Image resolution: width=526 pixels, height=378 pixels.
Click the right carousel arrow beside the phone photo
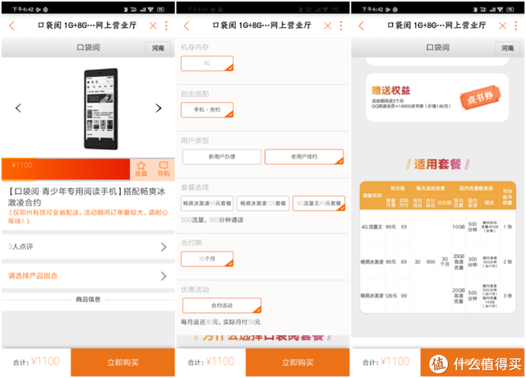click(159, 108)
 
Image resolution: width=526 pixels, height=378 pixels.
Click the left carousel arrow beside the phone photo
click(18, 108)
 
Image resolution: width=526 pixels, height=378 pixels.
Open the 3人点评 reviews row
click(87, 246)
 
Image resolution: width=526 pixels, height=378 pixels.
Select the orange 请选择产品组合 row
click(87, 275)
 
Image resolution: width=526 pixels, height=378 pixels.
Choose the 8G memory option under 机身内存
click(207, 62)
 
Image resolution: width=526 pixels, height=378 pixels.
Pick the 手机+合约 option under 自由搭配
click(207, 109)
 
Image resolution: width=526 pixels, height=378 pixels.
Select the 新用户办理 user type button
click(220, 156)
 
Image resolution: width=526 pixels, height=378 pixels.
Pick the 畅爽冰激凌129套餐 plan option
click(263, 202)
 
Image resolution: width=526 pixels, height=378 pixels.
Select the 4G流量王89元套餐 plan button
click(318, 202)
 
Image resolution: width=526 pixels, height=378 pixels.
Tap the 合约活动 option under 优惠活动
click(210, 305)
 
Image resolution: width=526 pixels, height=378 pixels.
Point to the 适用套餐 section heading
click(439, 163)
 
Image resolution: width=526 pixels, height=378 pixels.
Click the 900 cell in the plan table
click(430, 261)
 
